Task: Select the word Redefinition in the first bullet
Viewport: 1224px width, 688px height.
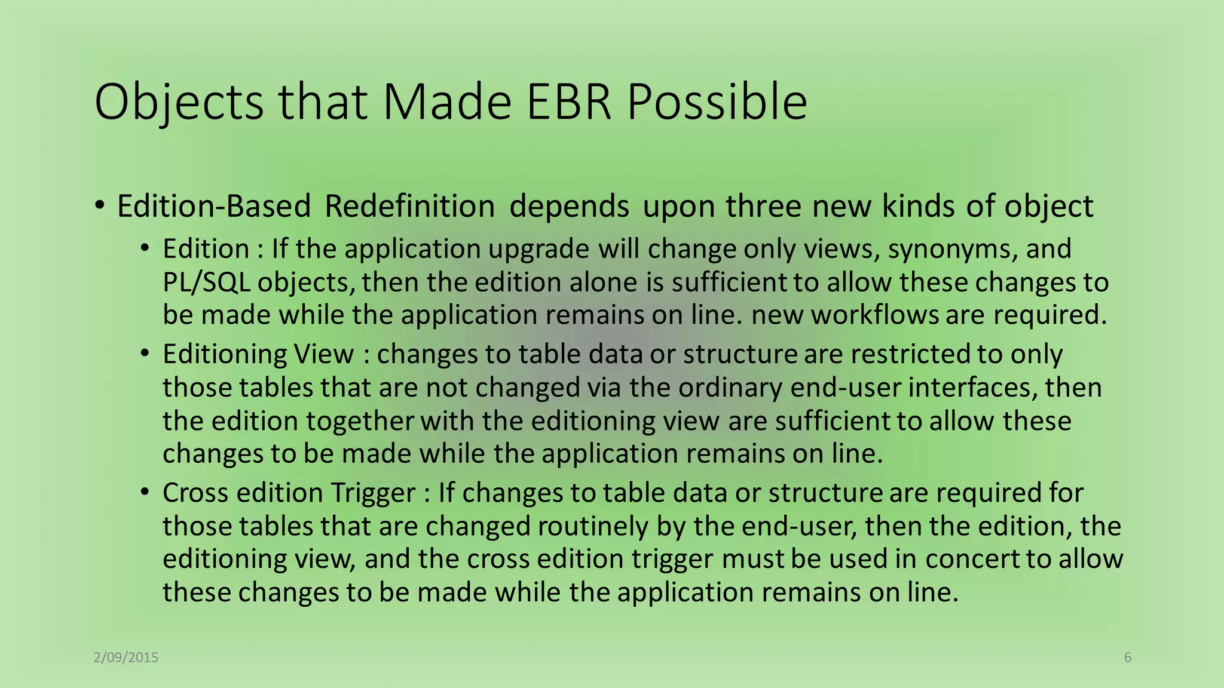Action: pyautogui.click(x=409, y=207)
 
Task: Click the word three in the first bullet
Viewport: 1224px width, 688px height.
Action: pyautogui.click(x=763, y=207)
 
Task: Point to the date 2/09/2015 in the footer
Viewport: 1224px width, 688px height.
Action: pyautogui.click(x=126, y=658)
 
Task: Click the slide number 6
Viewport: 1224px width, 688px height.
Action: pyautogui.click(x=1128, y=658)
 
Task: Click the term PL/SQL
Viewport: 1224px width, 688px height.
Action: pyautogui.click(x=206, y=282)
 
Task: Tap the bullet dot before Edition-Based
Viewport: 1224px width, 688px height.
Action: pyautogui.click(x=100, y=205)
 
